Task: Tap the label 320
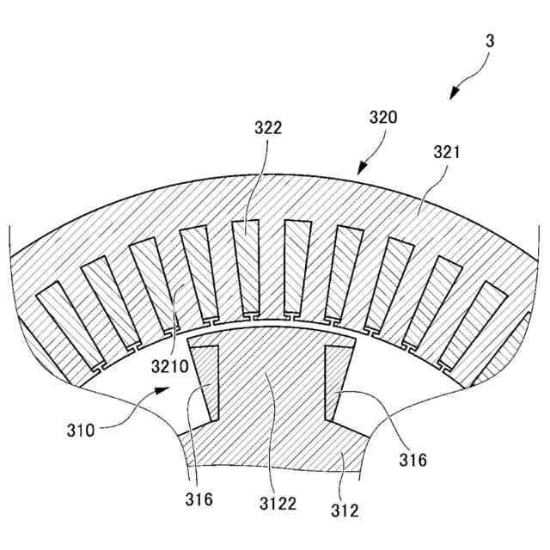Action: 383,118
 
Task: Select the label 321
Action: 447,152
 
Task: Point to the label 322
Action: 268,128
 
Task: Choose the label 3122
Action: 280,504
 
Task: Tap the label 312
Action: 345,511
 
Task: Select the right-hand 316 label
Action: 412,460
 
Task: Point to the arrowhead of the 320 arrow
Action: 360,168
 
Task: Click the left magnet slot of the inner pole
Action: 205,382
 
